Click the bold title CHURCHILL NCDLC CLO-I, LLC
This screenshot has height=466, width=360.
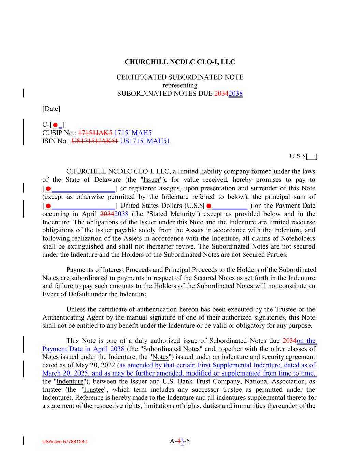[180, 62]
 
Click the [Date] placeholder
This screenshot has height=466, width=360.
[51, 109]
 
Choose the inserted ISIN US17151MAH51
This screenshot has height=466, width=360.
[145, 141]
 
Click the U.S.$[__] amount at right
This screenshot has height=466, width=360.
[303, 156]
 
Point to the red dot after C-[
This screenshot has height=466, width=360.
[55, 125]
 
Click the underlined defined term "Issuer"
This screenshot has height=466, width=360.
[152, 180]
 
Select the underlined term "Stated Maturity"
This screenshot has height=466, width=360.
[172, 214]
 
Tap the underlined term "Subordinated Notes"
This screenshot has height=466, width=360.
[172, 349]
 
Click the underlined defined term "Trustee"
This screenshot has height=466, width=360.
[93, 390]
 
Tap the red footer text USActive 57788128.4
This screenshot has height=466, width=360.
[65, 442]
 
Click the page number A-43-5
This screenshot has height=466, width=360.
[179, 441]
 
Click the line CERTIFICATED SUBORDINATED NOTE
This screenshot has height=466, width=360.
[180, 77]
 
